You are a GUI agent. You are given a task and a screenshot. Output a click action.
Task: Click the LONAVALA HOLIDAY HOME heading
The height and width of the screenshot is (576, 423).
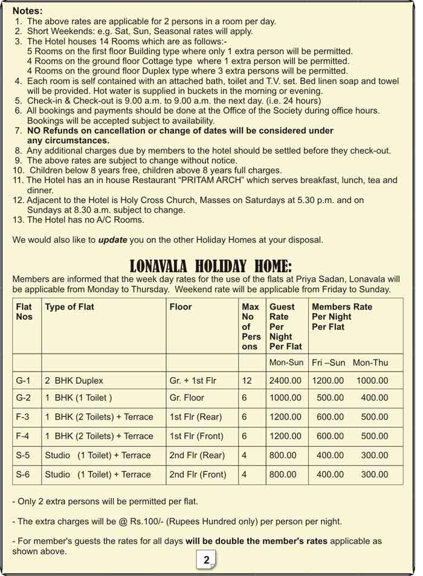pyautogui.click(x=211, y=266)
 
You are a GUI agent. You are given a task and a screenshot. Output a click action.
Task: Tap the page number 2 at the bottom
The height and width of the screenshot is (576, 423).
pyautogui.click(x=207, y=560)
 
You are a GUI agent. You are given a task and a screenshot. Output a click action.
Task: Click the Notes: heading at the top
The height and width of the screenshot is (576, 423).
pyautogui.click(x=27, y=10)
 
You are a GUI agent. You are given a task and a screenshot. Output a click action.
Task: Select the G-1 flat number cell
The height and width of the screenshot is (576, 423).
pyautogui.click(x=23, y=381)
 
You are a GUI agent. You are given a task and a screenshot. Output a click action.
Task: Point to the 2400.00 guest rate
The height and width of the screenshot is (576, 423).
pyautogui.click(x=285, y=381)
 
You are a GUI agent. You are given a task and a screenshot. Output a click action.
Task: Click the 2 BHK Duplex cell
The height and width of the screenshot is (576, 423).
pyautogui.click(x=74, y=381)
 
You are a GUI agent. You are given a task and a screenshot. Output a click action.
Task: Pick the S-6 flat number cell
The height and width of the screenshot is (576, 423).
pyautogui.click(x=23, y=474)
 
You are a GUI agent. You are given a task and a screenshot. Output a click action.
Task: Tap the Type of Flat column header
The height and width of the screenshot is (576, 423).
pyautogui.click(x=69, y=307)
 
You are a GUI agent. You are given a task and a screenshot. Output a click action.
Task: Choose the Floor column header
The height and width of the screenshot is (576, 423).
pyautogui.click(x=181, y=307)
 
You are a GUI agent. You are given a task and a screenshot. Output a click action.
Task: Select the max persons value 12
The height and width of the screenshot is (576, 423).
pyautogui.click(x=247, y=381)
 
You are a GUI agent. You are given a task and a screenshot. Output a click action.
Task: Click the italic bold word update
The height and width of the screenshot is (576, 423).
pyautogui.click(x=112, y=240)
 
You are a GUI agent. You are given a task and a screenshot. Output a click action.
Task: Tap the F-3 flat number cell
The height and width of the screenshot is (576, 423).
pyautogui.click(x=23, y=417)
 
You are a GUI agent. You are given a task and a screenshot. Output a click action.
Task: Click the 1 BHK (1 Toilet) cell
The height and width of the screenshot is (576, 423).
pyautogui.click(x=79, y=398)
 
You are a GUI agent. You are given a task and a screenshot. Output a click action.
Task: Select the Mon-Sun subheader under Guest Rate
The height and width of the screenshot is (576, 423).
pyautogui.click(x=286, y=363)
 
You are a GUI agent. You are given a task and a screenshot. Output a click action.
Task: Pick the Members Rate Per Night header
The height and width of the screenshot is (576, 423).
pyautogui.click(x=342, y=317)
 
